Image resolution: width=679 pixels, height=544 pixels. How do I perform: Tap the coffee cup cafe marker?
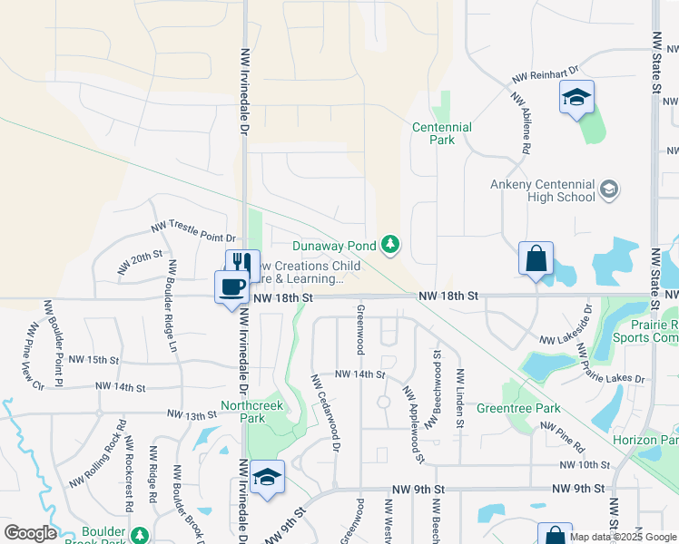tap(231, 287)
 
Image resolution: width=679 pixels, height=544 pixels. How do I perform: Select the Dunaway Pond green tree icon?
tap(390, 244)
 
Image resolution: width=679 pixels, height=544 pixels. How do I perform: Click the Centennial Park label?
tap(441, 134)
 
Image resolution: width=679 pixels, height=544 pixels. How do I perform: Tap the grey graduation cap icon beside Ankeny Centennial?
tap(609, 189)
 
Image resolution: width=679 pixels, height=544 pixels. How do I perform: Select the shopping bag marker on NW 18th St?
tap(536, 257)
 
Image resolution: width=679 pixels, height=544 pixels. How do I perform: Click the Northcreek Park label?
tap(243, 412)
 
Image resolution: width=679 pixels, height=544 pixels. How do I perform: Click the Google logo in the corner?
tap(30, 533)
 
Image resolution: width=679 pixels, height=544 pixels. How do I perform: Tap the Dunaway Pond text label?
tap(334, 245)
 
